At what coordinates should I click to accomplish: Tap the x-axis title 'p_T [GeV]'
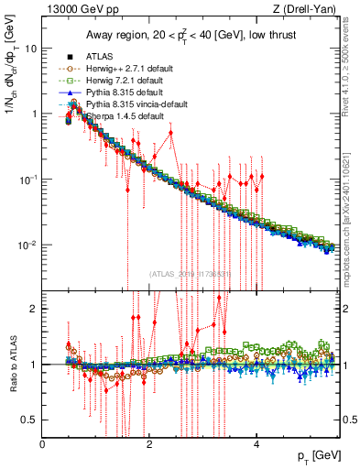[321, 455]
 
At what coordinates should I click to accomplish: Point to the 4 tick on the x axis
[256, 445]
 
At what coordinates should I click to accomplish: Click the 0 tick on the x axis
[43, 445]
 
